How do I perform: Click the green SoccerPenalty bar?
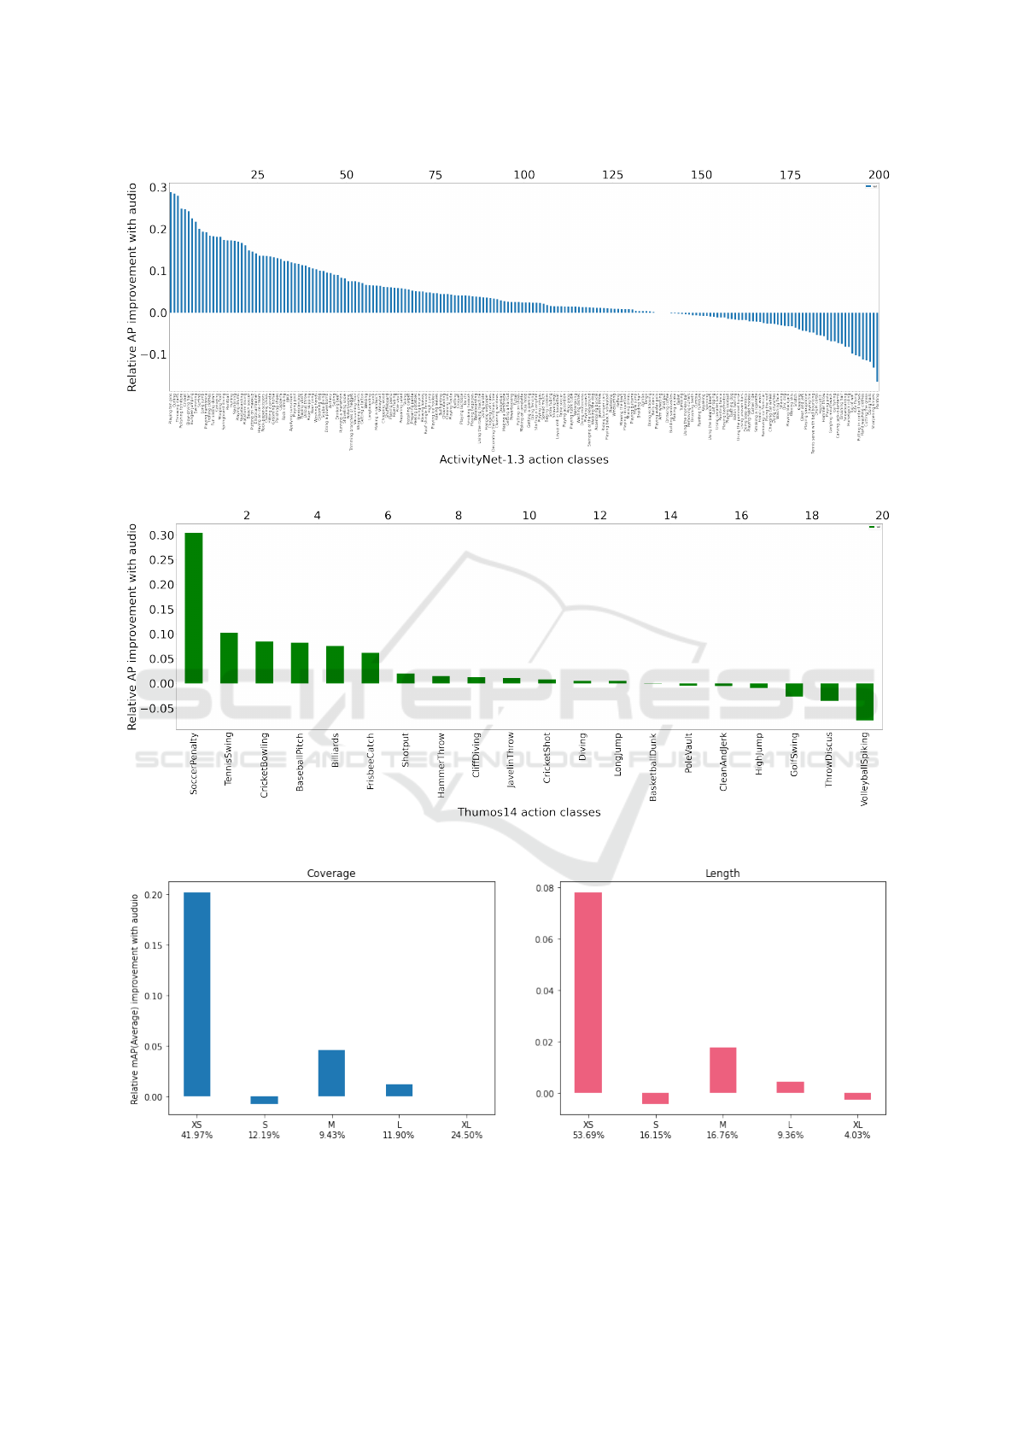click(194, 608)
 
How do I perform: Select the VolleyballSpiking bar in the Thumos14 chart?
click(865, 701)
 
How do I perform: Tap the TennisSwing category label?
click(229, 758)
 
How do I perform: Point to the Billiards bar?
click(335, 664)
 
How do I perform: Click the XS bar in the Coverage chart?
click(197, 994)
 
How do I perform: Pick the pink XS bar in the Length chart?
click(588, 992)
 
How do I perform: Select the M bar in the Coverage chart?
click(331, 1073)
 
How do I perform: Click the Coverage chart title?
click(331, 874)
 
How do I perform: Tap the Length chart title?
click(722, 874)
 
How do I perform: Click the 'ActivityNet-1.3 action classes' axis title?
click(523, 459)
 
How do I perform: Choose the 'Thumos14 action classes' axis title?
click(529, 812)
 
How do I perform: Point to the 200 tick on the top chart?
click(879, 175)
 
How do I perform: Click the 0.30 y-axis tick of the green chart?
click(161, 535)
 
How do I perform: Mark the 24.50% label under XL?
click(466, 1135)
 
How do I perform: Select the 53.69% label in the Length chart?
click(588, 1135)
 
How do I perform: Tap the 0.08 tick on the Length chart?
click(545, 888)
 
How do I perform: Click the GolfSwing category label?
click(795, 754)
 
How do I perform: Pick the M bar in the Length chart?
click(722, 1070)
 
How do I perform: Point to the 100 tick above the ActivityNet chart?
click(524, 175)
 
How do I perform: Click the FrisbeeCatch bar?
click(370, 668)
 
